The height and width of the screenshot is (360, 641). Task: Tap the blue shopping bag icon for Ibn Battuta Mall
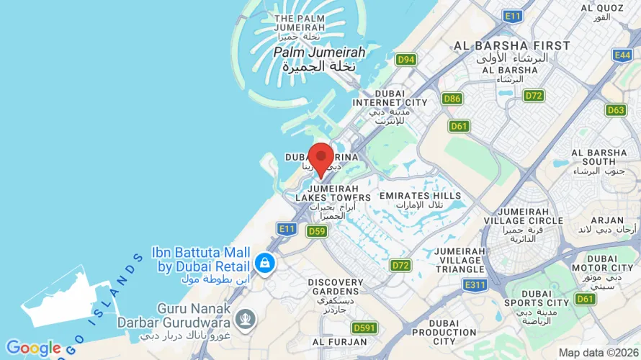point(265,262)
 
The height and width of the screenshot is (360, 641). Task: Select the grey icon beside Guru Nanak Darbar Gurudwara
point(246,318)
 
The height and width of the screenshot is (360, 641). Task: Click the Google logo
point(33,348)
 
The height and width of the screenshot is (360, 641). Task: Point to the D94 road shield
point(406,59)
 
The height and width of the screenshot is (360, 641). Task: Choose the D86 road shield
point(452,99)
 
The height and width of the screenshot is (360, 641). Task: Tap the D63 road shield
point(616,110)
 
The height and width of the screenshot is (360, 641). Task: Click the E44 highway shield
point(622,55)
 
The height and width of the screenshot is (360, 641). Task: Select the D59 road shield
point(317,231)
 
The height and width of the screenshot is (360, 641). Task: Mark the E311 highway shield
point(475,285)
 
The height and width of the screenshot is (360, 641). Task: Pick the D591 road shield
point(365,328)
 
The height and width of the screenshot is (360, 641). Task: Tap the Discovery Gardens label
point(336,282)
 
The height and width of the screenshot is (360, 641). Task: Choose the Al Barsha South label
point(599,158)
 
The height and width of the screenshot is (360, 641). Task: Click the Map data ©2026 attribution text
point(598,353)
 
